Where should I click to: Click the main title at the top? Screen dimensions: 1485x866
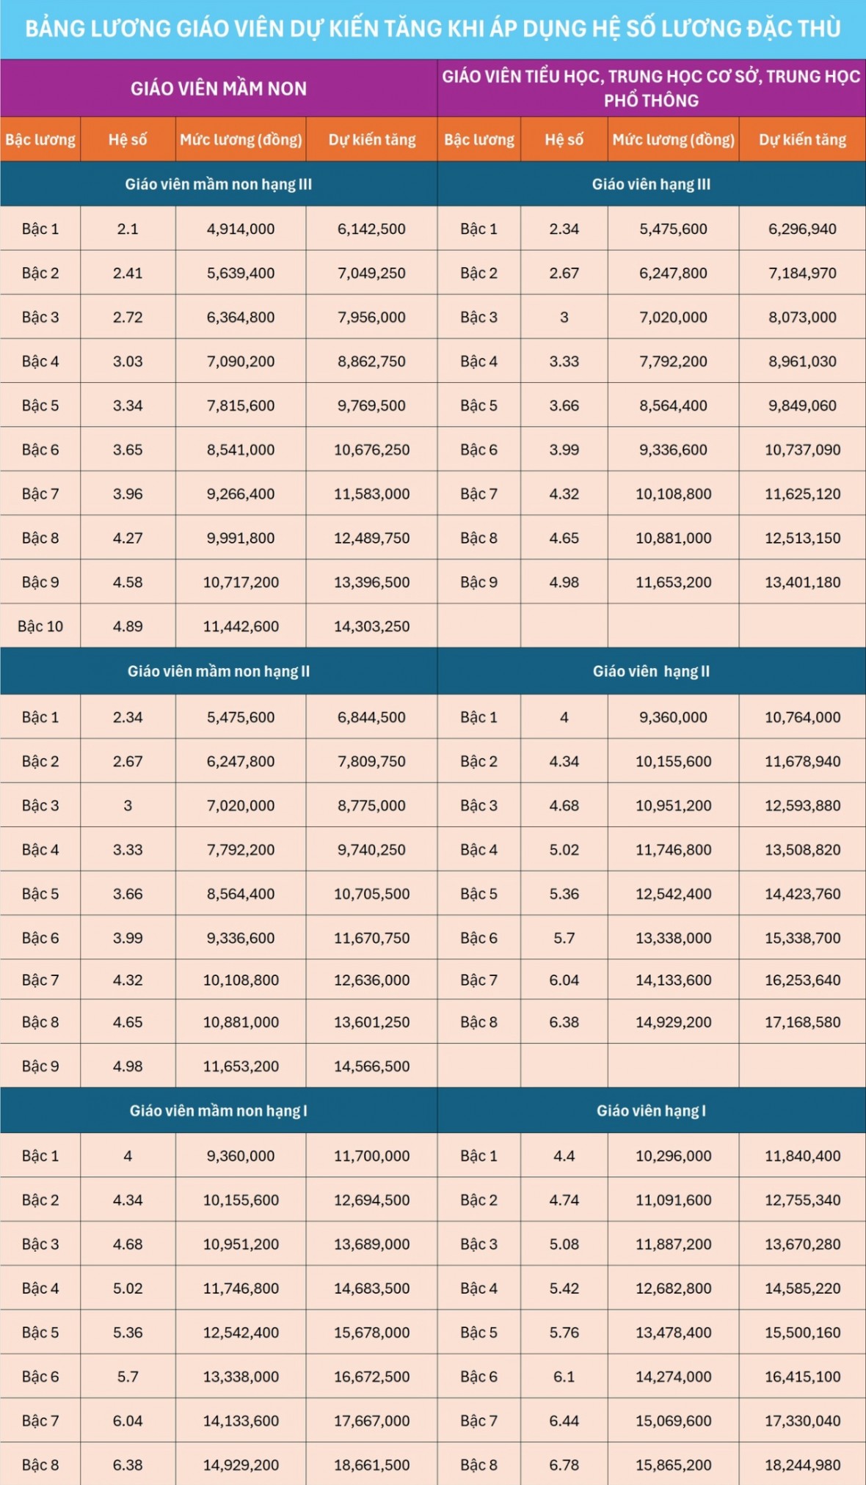tap(433, 29)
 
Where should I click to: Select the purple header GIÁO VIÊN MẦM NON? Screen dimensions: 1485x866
tap(219, 89)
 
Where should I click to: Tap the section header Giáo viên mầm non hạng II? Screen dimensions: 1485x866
tap(219, 671)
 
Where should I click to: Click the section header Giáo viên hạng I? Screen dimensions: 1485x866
tap(651, 1110)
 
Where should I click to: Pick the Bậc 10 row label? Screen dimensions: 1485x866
tap(40, 626)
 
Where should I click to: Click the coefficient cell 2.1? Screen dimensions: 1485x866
tap(128, 229)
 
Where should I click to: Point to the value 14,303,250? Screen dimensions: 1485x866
tap(371, 626)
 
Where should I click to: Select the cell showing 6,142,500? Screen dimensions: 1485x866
tap(371, 229)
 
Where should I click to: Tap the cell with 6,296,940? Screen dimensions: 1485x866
tap(802, 229)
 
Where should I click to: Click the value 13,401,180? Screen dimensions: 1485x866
tap(802, 582)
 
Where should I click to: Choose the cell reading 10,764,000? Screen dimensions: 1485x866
tap(802, 717)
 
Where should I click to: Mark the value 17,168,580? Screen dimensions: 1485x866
tap(802, 1022)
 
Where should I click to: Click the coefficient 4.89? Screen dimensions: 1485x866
tap(128, 626)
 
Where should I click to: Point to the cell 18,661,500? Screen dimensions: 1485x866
tap(371, 1465)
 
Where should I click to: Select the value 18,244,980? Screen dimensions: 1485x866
tap(802, 1465)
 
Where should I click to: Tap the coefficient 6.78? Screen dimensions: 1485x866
tap(564, 1465)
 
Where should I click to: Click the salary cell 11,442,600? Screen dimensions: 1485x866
tap(241, 626)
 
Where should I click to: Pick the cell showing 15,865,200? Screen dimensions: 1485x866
tap(673, 1465)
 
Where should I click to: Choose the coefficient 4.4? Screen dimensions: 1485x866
tap(564, 1156)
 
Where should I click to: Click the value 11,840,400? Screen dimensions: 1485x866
tap(802, 1156)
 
